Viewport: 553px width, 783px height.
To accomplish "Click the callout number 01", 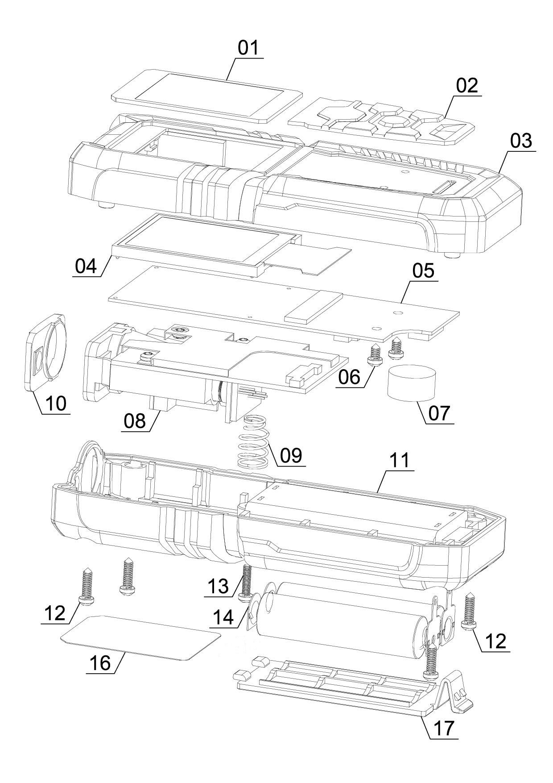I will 248,48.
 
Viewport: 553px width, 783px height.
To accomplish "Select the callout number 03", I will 521,141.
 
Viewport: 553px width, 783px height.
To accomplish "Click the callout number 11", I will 399,461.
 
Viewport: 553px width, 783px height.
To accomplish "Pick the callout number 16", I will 99,663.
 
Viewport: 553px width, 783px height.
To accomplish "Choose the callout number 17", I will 443,728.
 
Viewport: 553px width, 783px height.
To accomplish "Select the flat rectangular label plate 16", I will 140,637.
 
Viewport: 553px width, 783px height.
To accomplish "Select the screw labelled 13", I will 246,581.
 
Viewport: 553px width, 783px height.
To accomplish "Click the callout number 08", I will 134,421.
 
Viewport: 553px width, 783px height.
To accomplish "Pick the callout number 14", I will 223,617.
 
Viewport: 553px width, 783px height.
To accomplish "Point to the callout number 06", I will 349,377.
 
